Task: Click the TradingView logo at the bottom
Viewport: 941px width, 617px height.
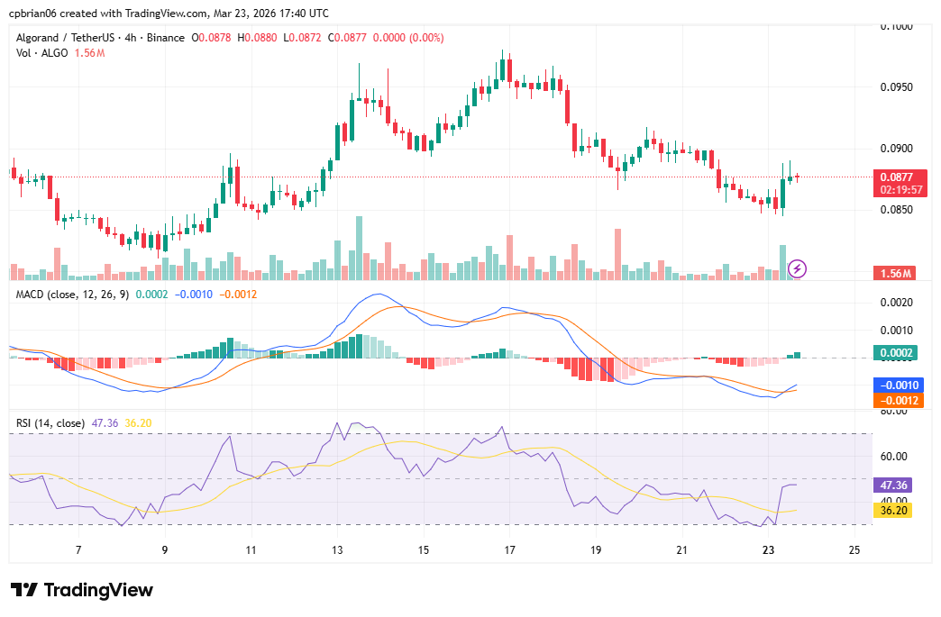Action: tap(82, 590)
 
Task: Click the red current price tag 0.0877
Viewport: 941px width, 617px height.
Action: tap(896, 177)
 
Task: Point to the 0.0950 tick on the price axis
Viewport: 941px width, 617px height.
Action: tap(895, 87)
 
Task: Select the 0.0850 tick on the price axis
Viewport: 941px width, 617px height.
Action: tap(895, 210)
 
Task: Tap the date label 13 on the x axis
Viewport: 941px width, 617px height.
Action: tap(337, 549)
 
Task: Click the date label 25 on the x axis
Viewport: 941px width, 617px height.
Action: tap(854, 549)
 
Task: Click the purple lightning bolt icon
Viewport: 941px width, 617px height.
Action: tap(797, 268)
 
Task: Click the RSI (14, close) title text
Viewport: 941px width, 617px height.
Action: tap(50, 422)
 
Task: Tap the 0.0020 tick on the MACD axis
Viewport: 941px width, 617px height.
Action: tap(895, 303)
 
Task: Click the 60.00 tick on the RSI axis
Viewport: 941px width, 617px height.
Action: tap(895, 457)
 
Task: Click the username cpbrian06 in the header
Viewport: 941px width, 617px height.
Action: tap(33, 13)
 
